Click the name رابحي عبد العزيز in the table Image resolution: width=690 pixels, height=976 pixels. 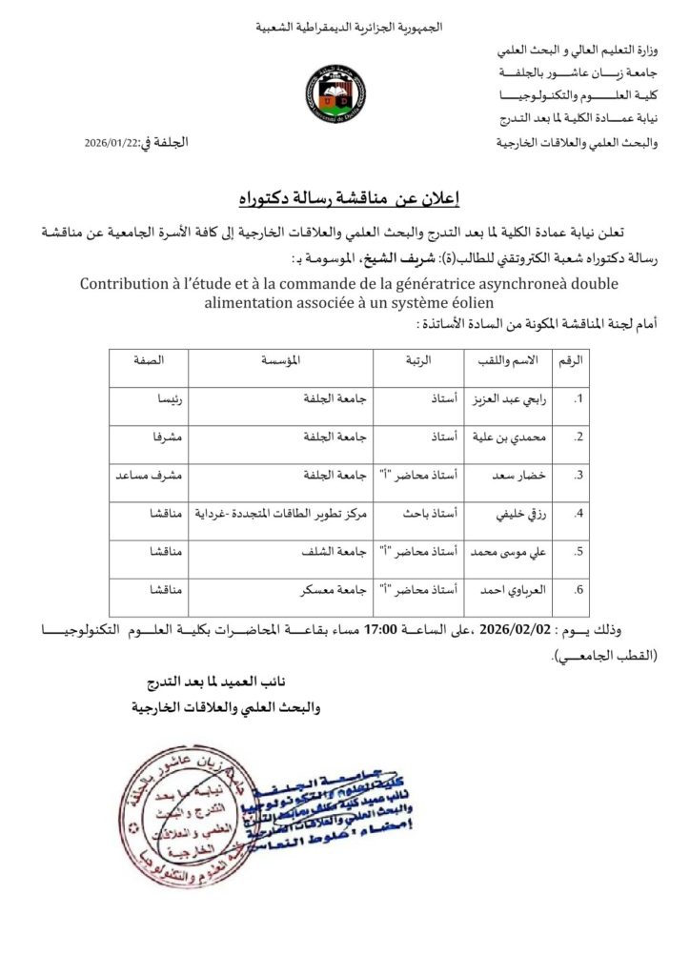pyautogui.click(x=499, y=400)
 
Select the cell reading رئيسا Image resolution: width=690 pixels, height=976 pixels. pyautogui.click(x=169, y=400)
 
